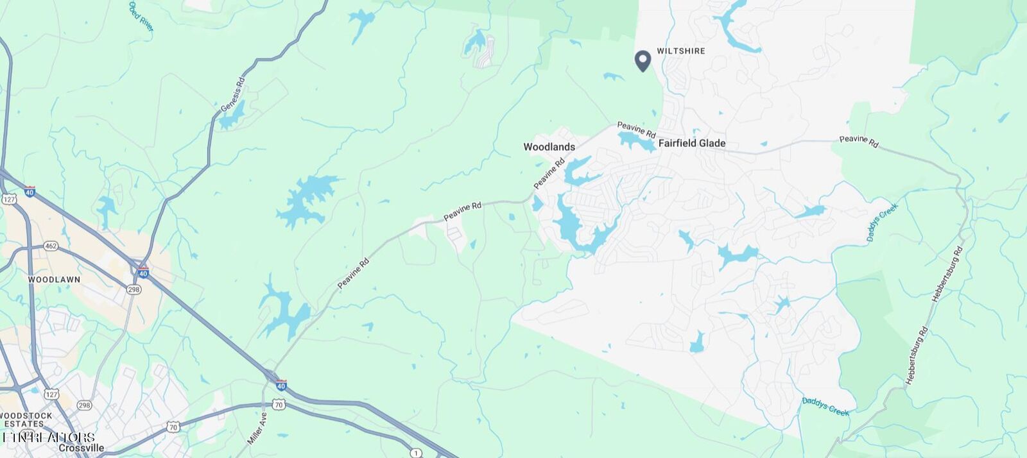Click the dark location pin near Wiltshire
(643, 60)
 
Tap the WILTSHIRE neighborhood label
(681, 51)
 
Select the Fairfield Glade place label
(692, 143)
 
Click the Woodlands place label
(549, 147)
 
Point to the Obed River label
(141, 16)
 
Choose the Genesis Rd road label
(232, 95)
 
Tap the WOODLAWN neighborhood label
(54, 280)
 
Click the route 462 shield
(51, 246)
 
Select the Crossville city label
(82, 448)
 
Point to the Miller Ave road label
(257, 428)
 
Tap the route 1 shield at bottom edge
(416, 453)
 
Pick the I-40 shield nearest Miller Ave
(281, 385)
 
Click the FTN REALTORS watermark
(48, 437)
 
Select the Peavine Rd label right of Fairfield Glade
(858, 140)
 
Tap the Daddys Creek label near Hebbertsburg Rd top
(882, 222)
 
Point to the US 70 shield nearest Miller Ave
(278, 404)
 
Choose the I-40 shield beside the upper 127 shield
(30, 191)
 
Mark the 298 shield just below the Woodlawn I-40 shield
(134, 289)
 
